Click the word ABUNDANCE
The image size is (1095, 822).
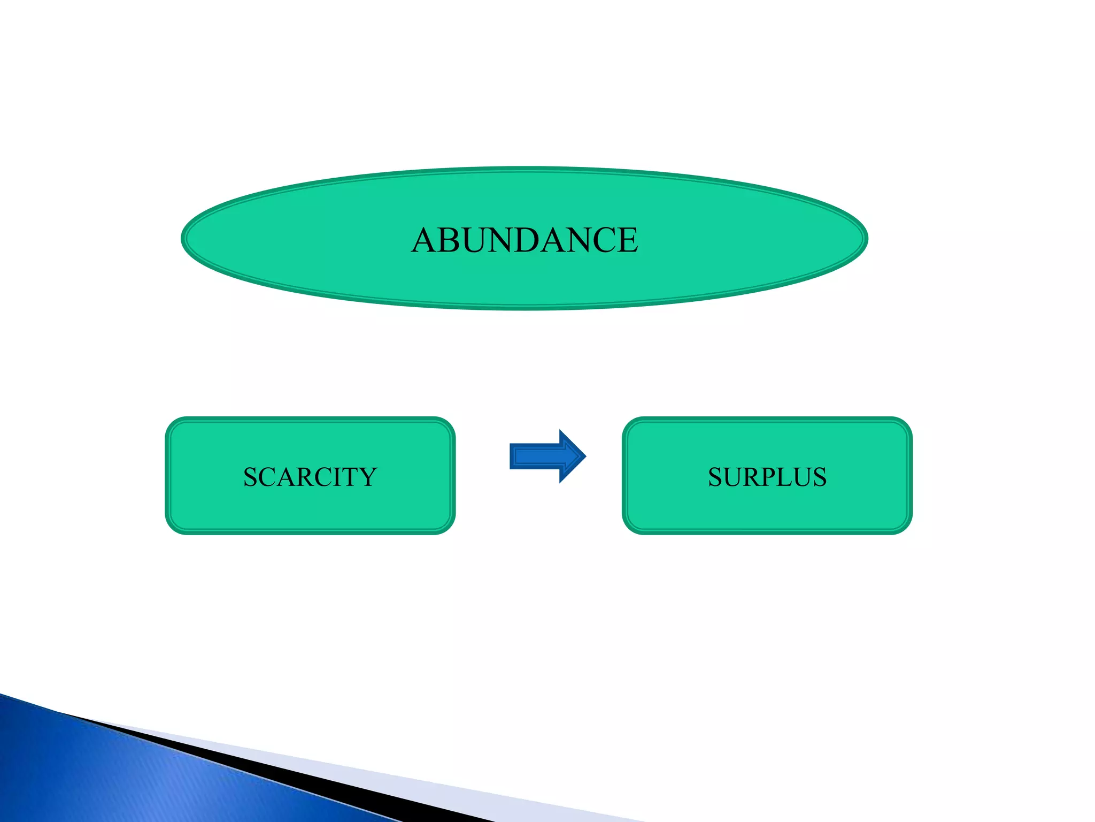coord(525,240)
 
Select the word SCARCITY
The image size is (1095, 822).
coord(310,477)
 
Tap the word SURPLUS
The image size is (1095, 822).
coord(767,477)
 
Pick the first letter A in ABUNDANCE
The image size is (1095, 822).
coord(425,240)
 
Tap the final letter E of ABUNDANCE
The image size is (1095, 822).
coord(627,240)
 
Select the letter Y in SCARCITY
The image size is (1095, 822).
coord(367,477)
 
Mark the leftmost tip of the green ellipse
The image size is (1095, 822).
coord(183,239)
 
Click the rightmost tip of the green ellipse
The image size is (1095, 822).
coord(866,239)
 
